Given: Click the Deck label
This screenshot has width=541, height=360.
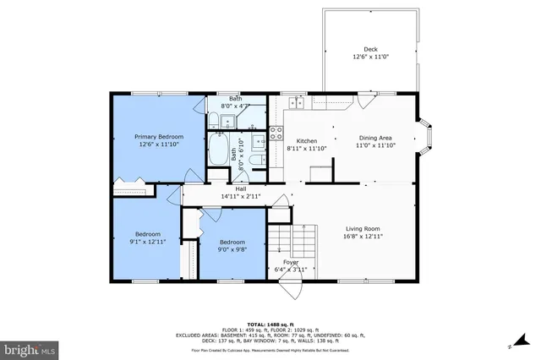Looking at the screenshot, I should pos(370,49).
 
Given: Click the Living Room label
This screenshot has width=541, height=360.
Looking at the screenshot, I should pos(363,228).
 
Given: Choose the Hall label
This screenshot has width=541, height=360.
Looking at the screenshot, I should pos(240,188).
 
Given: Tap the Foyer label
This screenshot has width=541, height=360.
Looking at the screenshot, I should pos(290,263).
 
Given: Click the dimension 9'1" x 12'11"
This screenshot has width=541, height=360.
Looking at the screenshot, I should pos(147,241).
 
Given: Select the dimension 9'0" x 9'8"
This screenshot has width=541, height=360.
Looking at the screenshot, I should pos(232,248).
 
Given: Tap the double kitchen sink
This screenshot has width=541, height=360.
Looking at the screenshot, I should pos(296,102).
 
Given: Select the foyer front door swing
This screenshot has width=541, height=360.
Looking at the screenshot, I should pos(291,287).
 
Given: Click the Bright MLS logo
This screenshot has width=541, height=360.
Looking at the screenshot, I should pos(30,348).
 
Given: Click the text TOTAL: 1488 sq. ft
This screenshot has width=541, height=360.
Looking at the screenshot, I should pos(270,325).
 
